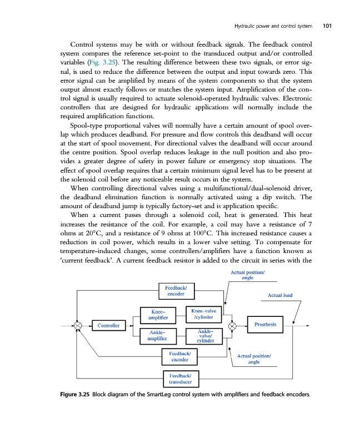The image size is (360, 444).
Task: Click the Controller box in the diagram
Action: pyautogui.click(x=108, y=325)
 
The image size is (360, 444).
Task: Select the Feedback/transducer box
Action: pyautogui.click(x=180, y=379)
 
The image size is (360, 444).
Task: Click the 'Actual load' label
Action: pyautogui.click(x=280, y=295)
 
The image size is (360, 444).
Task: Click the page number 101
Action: pyautogui.click(x=327, y=26)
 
